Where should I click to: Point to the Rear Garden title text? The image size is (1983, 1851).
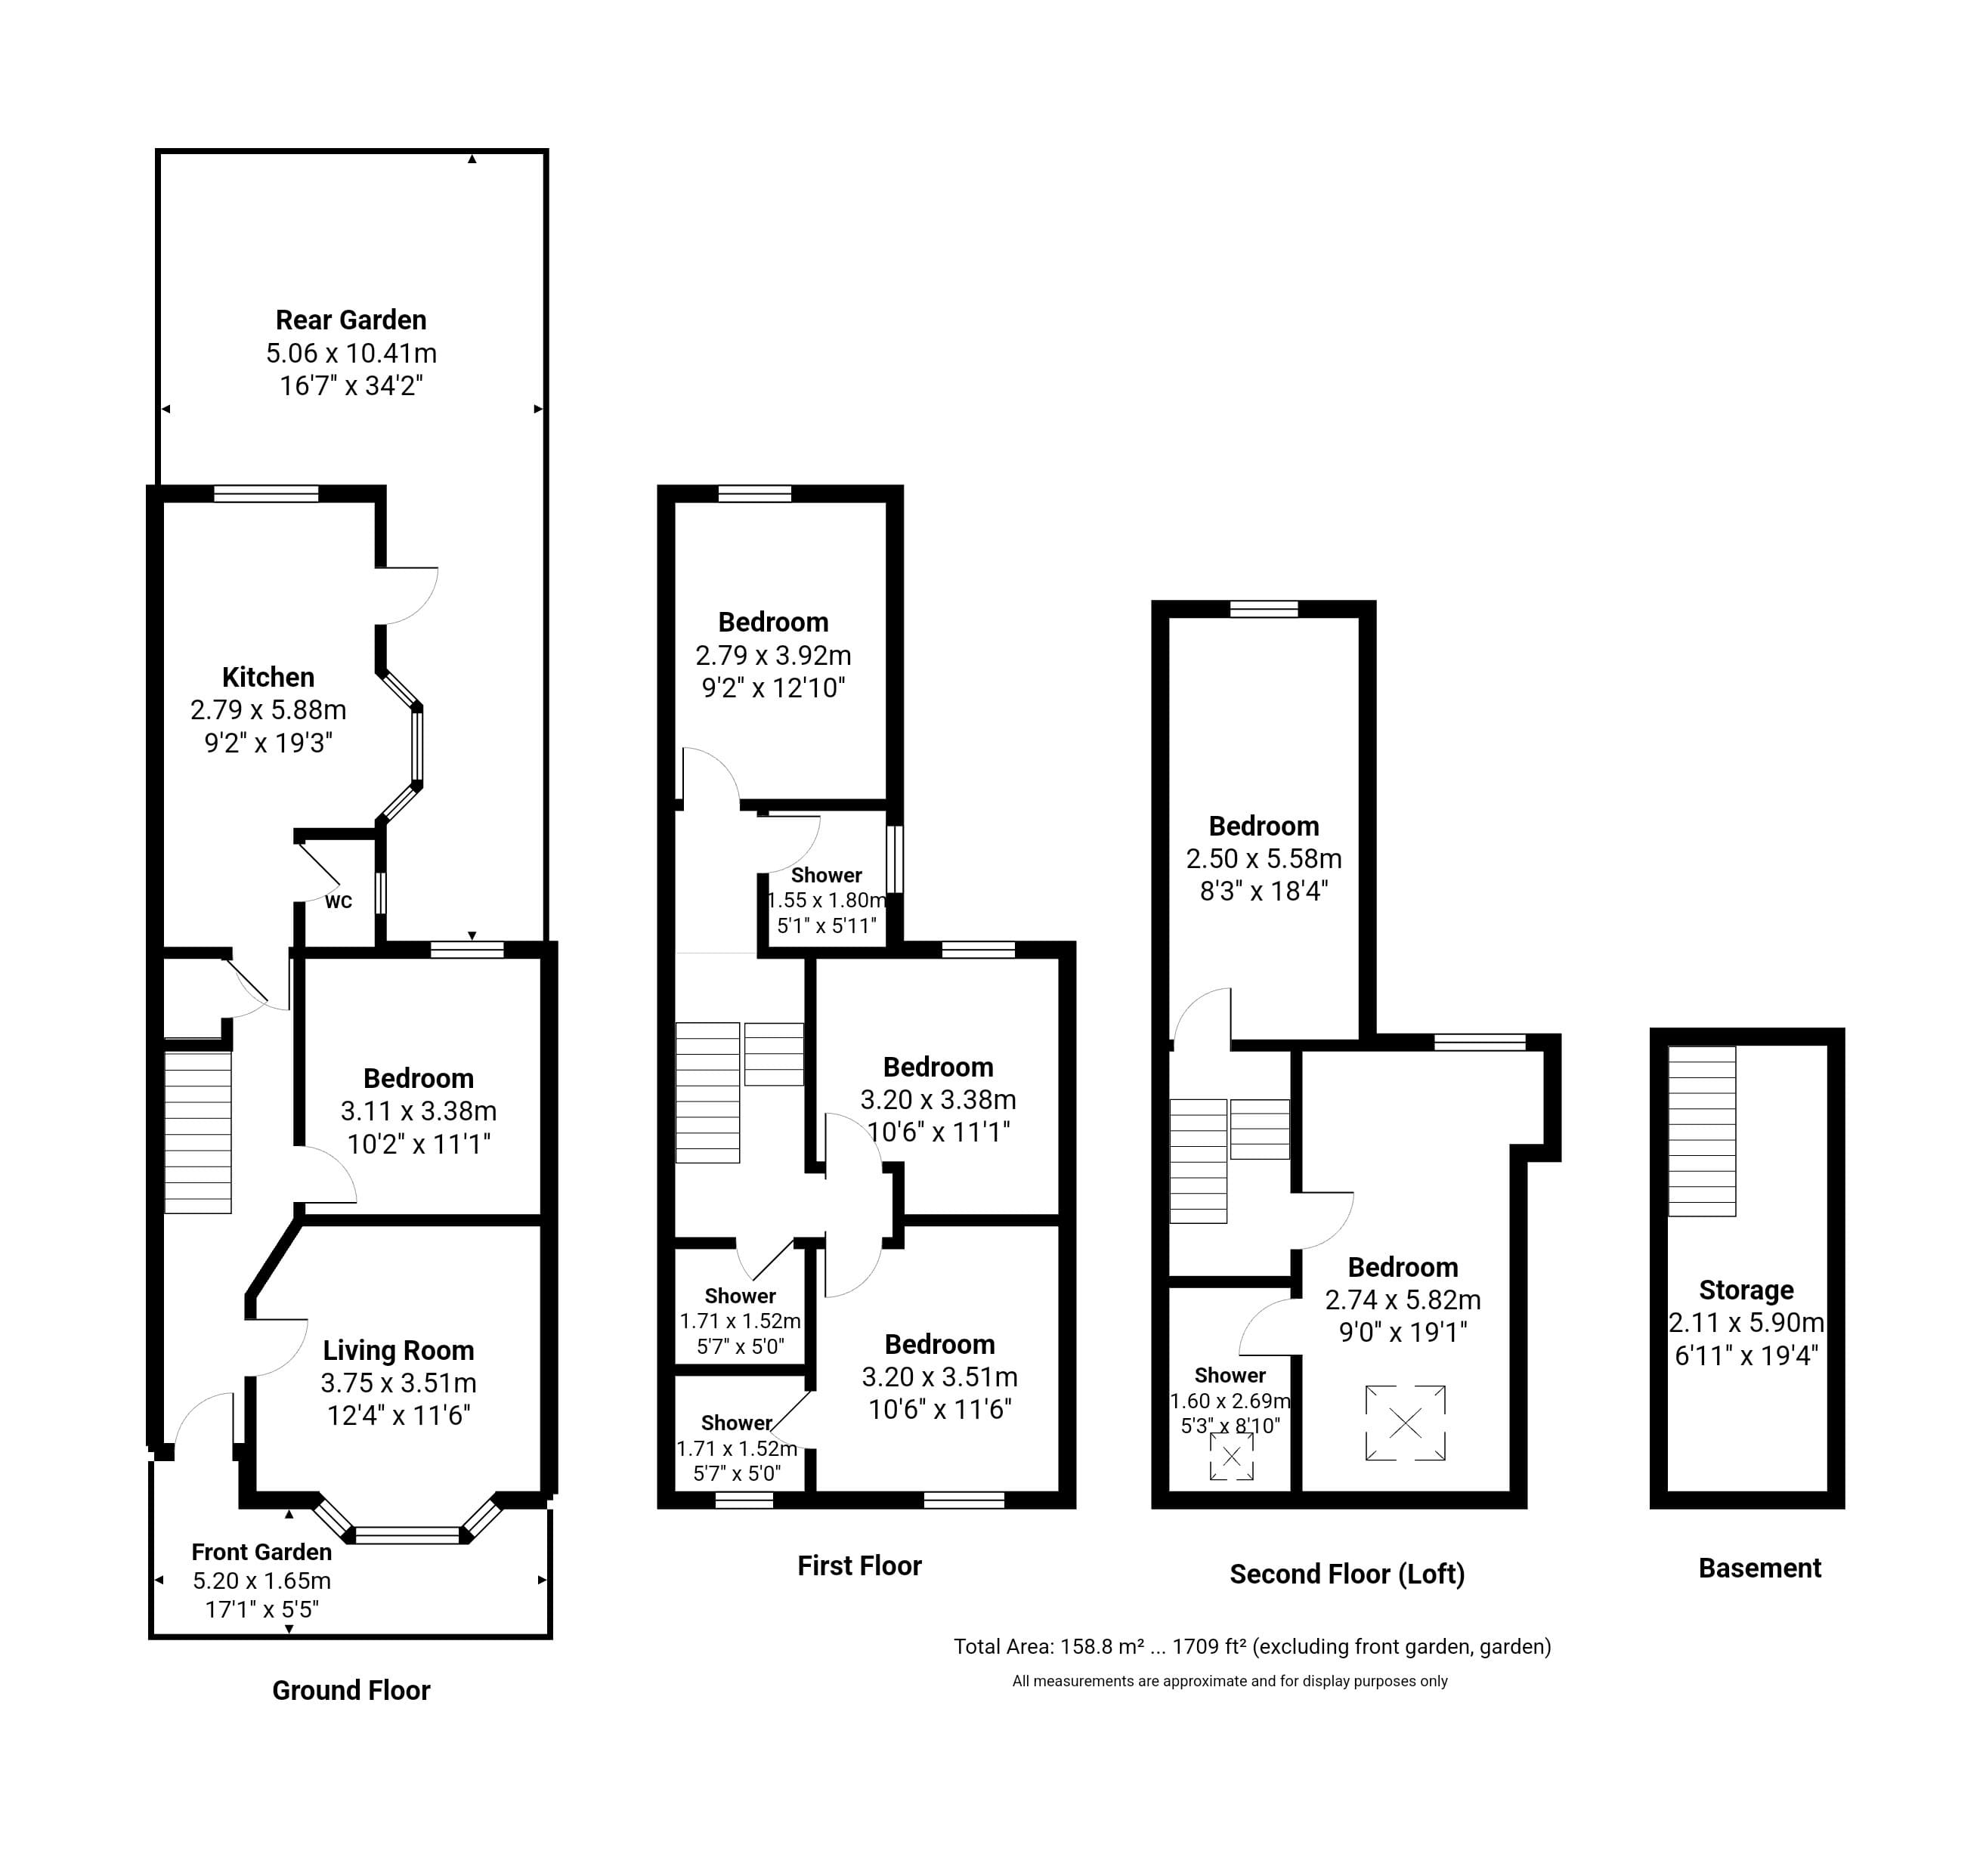[x=351, y=320]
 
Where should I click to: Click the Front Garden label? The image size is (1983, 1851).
[x=261, y=1552]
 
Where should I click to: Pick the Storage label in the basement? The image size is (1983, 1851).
[x=1746, y=1290]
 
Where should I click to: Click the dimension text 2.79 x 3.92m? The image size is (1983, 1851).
[x=773, y=655]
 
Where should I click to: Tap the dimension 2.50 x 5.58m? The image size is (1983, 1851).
[x=1264, y=859]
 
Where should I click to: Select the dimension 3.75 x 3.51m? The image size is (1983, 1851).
[x=398, y=1383]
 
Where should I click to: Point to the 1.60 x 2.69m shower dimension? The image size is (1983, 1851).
[x=1230, y=1401]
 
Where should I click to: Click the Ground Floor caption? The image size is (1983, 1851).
[x=351, y=1690]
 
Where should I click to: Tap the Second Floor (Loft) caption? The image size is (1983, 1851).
[x=1347, y=1574]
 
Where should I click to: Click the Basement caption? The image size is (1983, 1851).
[x=1759, y=1568]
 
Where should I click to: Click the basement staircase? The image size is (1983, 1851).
[x=1702, y=1131]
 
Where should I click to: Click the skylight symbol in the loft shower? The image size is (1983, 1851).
[x=1231, y=1457]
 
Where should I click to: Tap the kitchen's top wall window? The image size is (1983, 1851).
[x=266, y=493]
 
